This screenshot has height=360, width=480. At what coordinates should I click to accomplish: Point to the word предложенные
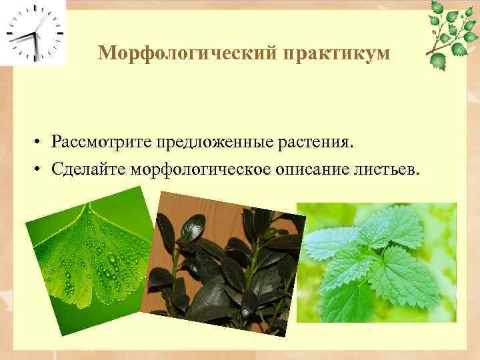click(211, 142)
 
